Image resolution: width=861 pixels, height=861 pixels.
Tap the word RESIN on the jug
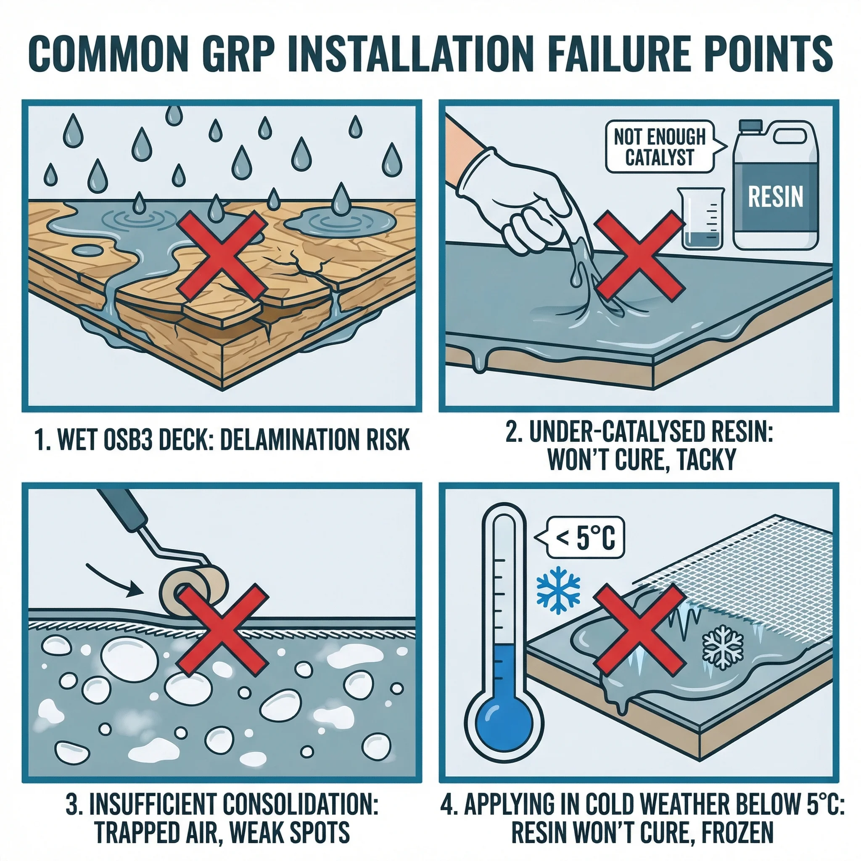pos(775,196)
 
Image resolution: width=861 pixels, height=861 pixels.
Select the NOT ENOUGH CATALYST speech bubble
pos(659,147)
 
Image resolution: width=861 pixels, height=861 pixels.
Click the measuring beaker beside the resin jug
pos(701,218)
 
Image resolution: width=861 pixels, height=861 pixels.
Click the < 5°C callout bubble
pos(584,537)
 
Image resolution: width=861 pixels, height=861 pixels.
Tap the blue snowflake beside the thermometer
pos(558,588)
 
